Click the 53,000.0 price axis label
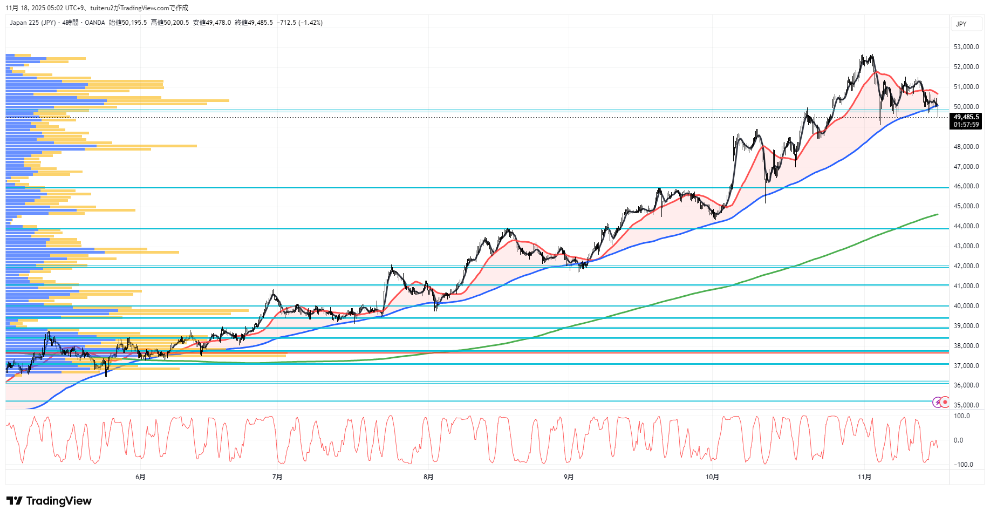point(966,47)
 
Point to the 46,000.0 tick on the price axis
point(966,186)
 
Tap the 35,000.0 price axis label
point(966,405)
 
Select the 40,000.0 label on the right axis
point(966,306)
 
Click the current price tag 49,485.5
point(966,117)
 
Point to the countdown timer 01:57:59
point(966,125)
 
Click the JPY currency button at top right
point(961,24)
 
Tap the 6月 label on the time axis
point(140,477)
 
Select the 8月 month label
point(428,477)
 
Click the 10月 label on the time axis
point(712,477)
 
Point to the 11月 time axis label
point(864,477)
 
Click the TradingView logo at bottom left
point(49,501)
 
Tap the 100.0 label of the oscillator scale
point(962,416)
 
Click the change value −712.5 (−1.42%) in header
point(300,23)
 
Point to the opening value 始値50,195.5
point(128,23)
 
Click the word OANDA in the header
point(95,23)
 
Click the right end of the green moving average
point(937,214)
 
